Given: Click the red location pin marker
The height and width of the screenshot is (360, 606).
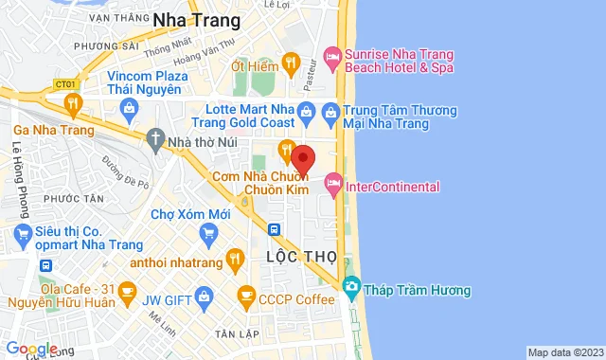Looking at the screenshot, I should tap(303, 157).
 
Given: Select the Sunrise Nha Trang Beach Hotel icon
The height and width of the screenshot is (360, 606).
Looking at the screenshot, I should tap(331, 58).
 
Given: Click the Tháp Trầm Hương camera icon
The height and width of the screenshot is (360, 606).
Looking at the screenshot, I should tap(351, 285).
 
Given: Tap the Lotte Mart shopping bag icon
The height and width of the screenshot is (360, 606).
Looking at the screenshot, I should tap(306, 115).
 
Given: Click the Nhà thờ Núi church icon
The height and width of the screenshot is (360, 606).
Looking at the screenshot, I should tap(154, 142).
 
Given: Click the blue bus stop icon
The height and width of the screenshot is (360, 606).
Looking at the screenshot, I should tap(273, 228).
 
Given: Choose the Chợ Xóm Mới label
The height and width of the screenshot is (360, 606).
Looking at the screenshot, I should tap(190, 215).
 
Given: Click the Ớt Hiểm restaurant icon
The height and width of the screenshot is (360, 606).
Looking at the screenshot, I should tap(291, 65).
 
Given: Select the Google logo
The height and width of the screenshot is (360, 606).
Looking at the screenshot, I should tap(30, 350).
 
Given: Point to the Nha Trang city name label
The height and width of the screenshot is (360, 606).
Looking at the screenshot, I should tap(196, 20).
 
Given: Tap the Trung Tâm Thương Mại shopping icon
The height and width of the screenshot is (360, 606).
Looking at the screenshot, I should tap(330, 115).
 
